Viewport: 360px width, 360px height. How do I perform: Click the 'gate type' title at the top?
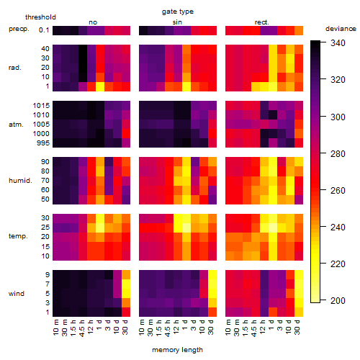[x=178, y=12]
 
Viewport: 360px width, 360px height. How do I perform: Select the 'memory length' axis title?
[x=177, y=350]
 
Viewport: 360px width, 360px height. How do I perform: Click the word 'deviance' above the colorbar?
[x=341, y=29]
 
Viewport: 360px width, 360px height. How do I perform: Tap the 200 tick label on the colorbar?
[x=338, y=300]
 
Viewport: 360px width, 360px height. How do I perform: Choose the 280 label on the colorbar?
[x=338, y=153]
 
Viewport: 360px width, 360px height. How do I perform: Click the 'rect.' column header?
[x=262, y=22]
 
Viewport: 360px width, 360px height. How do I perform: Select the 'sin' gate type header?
[x=177, y=22]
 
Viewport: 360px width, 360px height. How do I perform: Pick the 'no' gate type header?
[x=93, y=22]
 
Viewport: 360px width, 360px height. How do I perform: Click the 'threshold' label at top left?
[x=40, y=17]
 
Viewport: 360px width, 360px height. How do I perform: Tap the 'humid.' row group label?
[x=20, y=181]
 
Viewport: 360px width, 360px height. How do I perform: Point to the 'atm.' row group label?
[x=16, y=125]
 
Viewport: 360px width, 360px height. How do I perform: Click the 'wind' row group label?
[x=17, y=294]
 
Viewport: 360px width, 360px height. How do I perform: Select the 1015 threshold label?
[x=41, y=106]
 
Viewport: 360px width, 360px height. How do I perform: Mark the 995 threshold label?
[x=43, y=143]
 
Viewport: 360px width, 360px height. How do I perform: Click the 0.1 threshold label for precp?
[x=44, y=30]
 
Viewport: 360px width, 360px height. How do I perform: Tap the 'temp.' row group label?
[x=18, y=236]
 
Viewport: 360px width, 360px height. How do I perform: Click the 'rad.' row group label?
[x=15, y=68]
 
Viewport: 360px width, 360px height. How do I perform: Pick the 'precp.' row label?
[x=19, y=30]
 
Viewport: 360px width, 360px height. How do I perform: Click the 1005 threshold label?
[x=41, y=125]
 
